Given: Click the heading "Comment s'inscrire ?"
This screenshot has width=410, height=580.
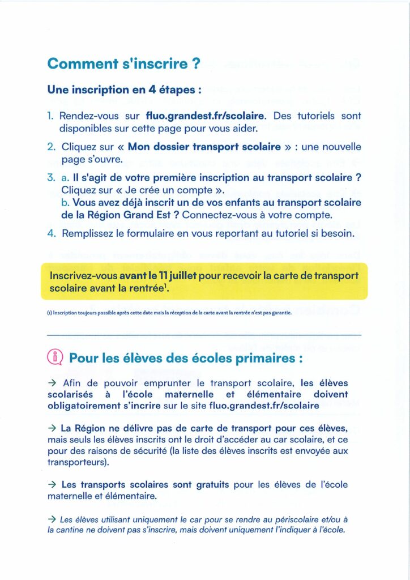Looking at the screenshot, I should [x=124, y=64].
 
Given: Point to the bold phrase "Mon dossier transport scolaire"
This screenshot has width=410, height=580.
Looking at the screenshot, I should [x=204, y=147].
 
